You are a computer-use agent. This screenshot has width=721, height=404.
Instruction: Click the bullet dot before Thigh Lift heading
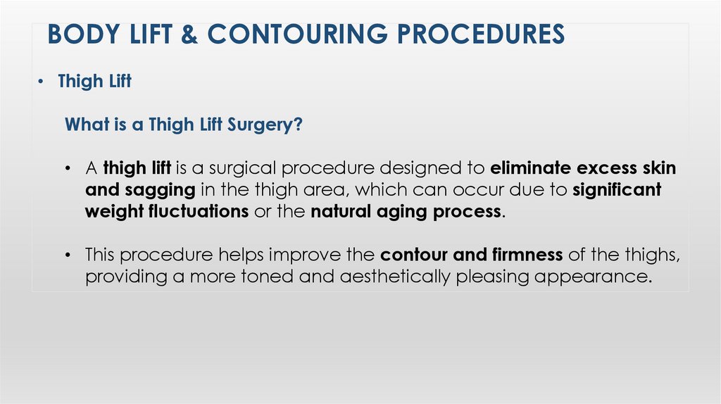(x=42, y=82)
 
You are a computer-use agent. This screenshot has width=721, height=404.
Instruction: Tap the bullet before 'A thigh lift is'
(x=68, y=170)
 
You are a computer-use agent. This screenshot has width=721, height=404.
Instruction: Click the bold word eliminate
(x=530, y=169)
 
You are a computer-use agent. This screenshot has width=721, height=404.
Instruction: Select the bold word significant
(x=617, y=191)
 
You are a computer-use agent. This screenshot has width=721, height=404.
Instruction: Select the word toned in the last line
(x=265, y=277)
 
